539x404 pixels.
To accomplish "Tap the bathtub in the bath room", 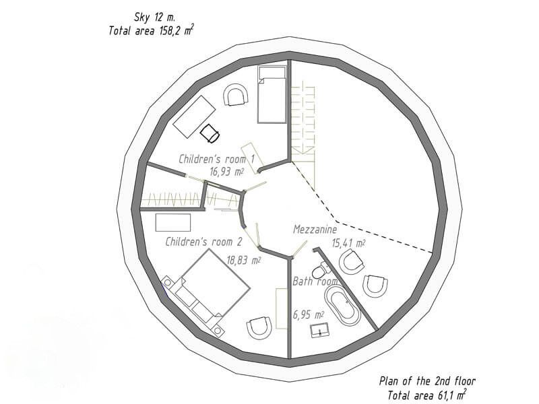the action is point(342,306).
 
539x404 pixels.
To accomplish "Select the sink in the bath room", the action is point(319,330).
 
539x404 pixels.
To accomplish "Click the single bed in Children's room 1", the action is point(272,94).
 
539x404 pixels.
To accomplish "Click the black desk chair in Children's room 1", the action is point(210,133).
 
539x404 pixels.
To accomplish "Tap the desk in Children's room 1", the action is point(194,116).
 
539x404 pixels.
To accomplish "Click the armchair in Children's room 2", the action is point(259,328).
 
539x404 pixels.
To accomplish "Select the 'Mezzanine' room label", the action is point(315,229).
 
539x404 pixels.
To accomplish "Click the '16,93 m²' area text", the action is point(227,172).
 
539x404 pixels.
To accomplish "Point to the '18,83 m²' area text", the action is point(243,260).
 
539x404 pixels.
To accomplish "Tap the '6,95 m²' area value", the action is point(309,314).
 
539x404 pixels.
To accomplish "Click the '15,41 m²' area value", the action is point(348,243).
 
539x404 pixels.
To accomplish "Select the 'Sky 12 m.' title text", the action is point(154,16).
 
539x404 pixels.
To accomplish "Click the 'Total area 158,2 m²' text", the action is point(151,30).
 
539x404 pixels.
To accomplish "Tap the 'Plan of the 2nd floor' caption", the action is point(427,380).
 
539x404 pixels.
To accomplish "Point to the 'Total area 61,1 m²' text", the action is point(427,395).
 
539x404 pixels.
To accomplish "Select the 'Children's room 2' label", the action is point(204,242).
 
